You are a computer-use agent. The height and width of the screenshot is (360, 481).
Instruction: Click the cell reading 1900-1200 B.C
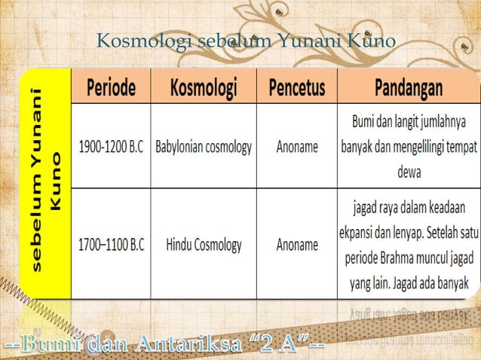(112, 146)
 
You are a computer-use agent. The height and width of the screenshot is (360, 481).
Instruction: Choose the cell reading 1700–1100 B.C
(112, 244)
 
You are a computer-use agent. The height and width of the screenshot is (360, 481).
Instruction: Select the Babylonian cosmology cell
(204, 146)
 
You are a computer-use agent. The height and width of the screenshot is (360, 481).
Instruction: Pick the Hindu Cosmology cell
(204, 244)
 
